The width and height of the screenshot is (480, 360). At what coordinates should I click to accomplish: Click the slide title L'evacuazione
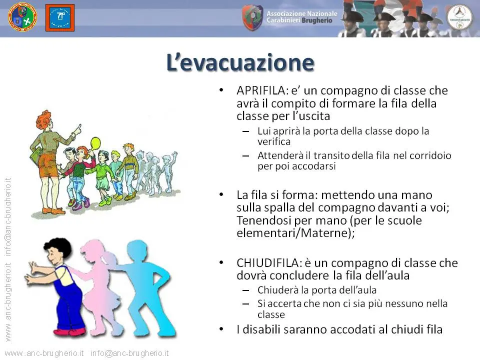[240, 63]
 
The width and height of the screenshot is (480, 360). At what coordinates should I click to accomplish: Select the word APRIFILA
[261, 90]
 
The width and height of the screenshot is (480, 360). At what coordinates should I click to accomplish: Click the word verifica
[274, 141]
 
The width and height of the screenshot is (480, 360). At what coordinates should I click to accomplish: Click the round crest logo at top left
[22, 18]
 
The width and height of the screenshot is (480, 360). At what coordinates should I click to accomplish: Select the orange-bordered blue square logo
[60, 18]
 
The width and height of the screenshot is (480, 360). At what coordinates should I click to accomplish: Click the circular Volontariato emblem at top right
[459, 17]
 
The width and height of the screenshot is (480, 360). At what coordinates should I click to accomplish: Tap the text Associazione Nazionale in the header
[302, 14]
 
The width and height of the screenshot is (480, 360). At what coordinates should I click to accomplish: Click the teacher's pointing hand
[77, 129]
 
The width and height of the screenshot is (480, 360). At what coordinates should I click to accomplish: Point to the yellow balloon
[96, 142]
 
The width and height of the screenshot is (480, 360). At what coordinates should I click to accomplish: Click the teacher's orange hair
[43, 120]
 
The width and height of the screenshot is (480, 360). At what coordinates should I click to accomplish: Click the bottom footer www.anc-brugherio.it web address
[44, 353]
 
